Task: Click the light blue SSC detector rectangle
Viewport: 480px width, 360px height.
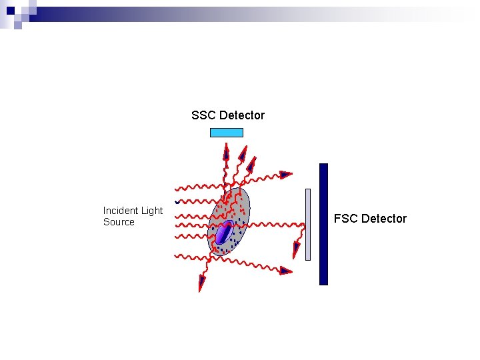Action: [x=227, y=132]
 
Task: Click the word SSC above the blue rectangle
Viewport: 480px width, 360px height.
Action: [x=203, y=115]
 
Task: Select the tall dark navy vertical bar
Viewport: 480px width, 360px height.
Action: [x=323, y=224]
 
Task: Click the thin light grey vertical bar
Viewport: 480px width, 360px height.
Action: [x=308, y=224]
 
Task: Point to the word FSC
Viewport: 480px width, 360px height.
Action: [x=345, y=219]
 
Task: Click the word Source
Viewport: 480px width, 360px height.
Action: [x=119, y=222]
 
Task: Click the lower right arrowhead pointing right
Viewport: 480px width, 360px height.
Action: [x=285, y=270]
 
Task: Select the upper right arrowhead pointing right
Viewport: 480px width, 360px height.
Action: [x=285, y=175]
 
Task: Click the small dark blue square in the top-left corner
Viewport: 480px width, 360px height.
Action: [x=11, y=11]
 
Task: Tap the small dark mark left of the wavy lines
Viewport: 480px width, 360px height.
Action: [x=177, y=202]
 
